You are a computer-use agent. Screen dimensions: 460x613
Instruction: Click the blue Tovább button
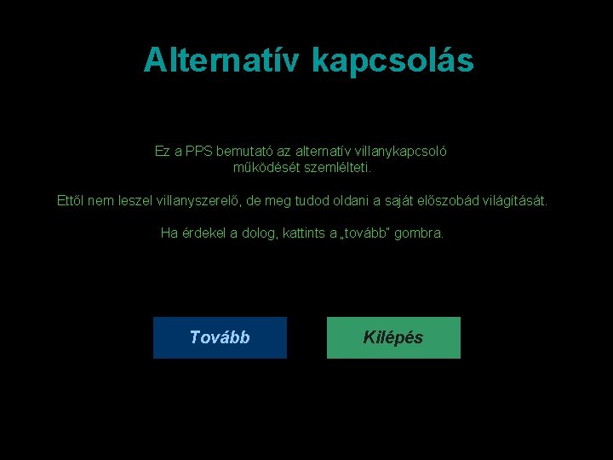[x=220, y=337]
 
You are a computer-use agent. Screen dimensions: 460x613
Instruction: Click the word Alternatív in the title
[x=223, y=60]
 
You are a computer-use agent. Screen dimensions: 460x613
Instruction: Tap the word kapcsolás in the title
[x=392, y=60]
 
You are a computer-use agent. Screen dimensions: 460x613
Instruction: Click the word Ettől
[x=71, y=202]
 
